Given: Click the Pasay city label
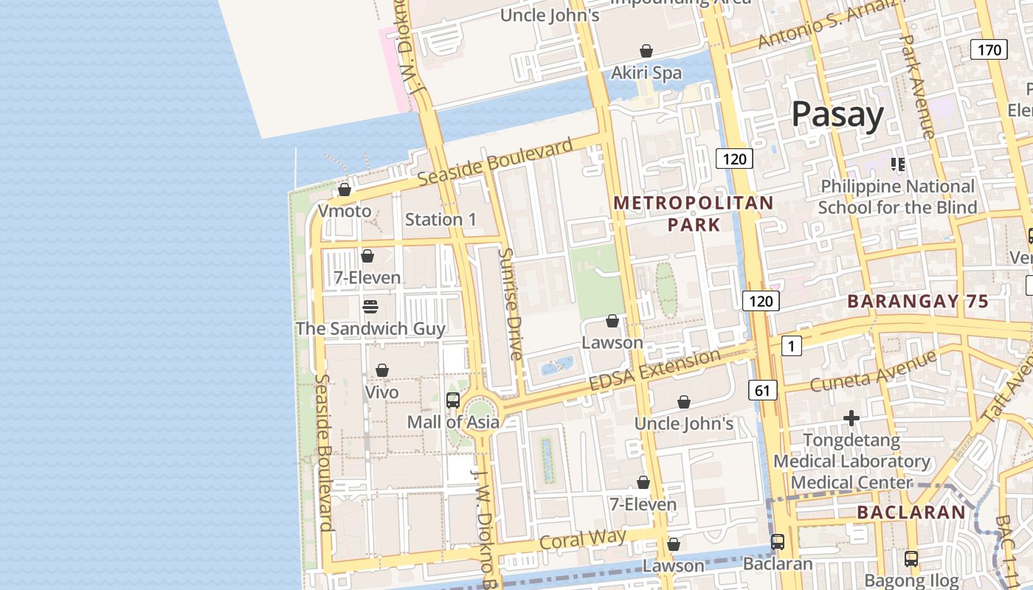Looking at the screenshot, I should click(x=837, y=116).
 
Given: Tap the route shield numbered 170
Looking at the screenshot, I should click(x=988, y=50).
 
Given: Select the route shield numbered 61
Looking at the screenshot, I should click(x=762, y=389).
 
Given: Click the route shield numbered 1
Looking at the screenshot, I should click(x=791, y=345).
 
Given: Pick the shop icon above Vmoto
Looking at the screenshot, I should click(x=345, y=190).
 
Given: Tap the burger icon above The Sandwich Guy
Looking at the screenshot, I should click(x=370, y=307).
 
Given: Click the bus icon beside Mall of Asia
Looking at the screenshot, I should click(x=453, y=400).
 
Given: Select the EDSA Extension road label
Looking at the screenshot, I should click(x=654, y=370).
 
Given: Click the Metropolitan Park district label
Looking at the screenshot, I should click(x=694, y=213).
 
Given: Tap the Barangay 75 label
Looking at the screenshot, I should click(x=917, y=301).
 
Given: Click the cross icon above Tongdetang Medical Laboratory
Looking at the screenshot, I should click(x=851, y=418).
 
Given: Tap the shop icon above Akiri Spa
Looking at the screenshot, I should click(x=646, y=51).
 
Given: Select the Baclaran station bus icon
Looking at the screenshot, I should click(x=777, y=542).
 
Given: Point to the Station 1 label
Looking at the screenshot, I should click(x=441, y=219).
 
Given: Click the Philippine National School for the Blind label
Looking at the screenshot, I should click(x=897, y=197).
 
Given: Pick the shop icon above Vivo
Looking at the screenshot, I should click(x=382, y=370).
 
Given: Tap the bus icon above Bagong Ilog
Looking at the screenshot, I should click(x=911, y=559).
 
